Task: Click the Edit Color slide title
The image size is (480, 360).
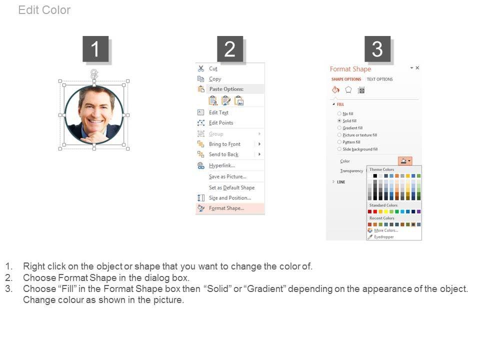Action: pos(44,10)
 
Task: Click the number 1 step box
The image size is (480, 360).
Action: pos(95,49)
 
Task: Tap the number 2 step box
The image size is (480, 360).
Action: pos(230,49)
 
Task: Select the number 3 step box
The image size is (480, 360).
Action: pos(377,49)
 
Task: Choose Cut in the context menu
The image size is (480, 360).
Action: pos(213,68)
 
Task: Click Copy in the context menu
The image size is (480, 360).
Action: pos(215,79)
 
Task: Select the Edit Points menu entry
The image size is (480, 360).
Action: pos(221,123)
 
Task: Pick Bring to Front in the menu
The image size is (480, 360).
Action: pos(224,144)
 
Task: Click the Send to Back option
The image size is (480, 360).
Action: pos(223,154)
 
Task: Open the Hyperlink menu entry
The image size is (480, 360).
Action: pos(222,165)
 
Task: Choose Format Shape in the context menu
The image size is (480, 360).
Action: pos(226,208)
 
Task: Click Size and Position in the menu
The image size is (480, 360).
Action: pos(230,198)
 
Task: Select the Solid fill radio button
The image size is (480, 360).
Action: pos(339,120)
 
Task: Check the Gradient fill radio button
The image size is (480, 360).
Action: pos(339,127)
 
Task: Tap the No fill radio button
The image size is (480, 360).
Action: pos(339,113)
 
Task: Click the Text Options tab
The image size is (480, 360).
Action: pos(379,79)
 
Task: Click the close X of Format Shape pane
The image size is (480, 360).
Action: pos(417,67)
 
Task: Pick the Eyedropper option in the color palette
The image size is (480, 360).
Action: pos(384,237)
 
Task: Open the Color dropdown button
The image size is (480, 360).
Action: pos(405,161)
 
